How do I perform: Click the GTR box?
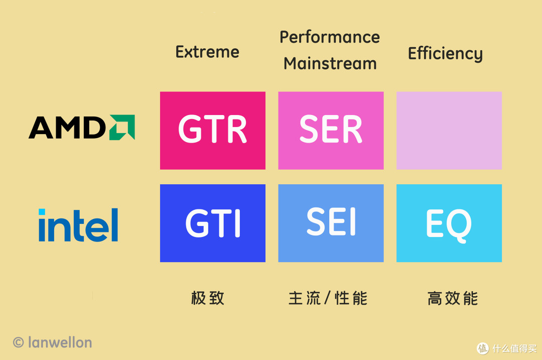[x=212, y=131]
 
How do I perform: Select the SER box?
[x=331, y=131]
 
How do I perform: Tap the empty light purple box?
[x=449, y=131]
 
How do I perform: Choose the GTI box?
[x=212, y=223]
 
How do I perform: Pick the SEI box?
[x=331, y=223]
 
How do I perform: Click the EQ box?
[x=449, y=223]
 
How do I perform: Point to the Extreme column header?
[x=207, y=52]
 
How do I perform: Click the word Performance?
[x=330, y=38]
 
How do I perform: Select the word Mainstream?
[x=330, y=64]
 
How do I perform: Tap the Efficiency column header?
[x=445, y=54]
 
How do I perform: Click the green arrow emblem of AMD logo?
[x=122, y=128]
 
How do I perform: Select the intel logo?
[x=78, y=225]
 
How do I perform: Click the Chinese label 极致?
[x=207, y=298]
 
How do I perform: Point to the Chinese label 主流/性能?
[x=328, y=298]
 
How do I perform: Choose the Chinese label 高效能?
[x=453, y=298]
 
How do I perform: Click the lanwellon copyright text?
[x=59, y=342]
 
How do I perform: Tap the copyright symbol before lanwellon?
[x=19, y=342]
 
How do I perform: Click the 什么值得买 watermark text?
[x=513, y=348]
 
